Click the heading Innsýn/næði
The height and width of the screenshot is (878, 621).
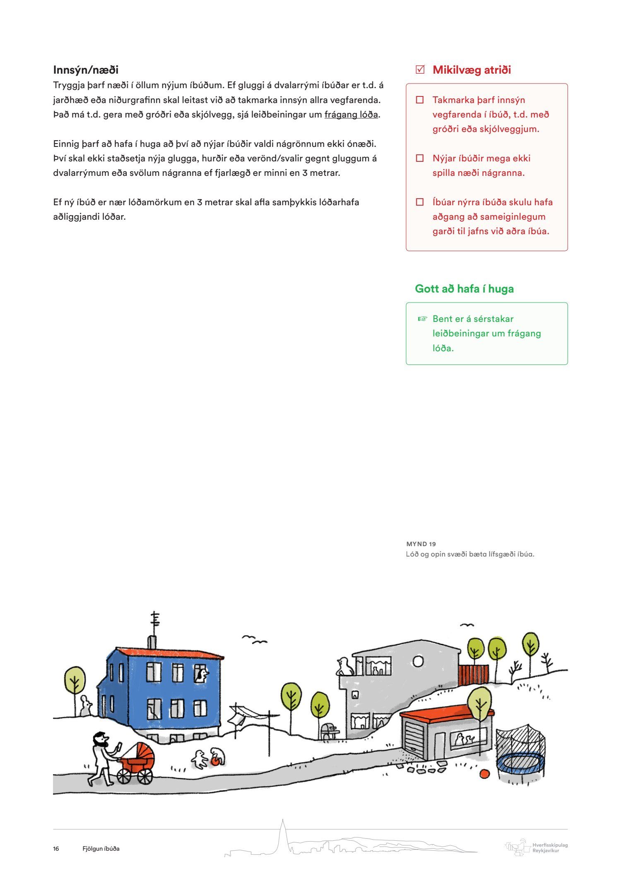click(86, 70)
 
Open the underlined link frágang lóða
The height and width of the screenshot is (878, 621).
click(351, 115)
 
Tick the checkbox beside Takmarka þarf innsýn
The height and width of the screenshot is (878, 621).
click(420, 100)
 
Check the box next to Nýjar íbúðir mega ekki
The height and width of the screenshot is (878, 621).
click(420, 158)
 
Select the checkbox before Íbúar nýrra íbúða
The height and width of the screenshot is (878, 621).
click(420, 202)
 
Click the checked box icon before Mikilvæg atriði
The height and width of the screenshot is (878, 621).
click(420, 70)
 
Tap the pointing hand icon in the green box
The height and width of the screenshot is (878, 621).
click(422, 319)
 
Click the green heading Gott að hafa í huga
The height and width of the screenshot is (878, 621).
click(464, 289)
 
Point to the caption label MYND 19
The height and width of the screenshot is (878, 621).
click(421, 544)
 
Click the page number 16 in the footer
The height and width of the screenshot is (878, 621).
click(56, 849)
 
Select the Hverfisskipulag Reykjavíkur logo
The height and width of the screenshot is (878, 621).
click(537, 847)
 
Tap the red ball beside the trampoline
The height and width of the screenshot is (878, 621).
click(484, 773)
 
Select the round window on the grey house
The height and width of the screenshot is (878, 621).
click(418, 661)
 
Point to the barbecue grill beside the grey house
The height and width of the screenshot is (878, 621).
click(329, 729)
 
